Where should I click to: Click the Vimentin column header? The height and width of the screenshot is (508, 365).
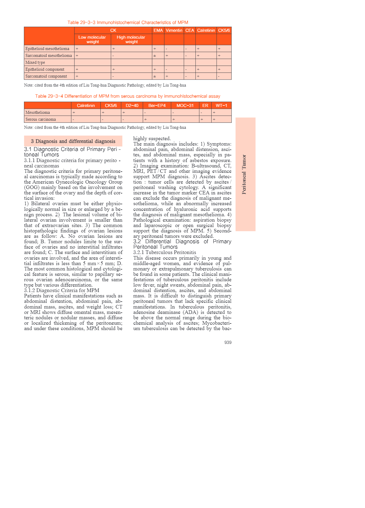tap(174, 30)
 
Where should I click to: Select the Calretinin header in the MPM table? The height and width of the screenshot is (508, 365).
tap(206, 30)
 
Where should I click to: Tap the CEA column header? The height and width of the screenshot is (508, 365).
tap(190, 30)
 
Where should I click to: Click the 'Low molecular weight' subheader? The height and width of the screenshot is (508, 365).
tap(92, 40)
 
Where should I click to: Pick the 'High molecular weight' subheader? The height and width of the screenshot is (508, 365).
tap(131, 40)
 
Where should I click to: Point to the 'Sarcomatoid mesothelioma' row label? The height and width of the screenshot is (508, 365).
tap(49, 55)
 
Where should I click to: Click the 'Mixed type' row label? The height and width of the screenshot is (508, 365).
tap(35, 62)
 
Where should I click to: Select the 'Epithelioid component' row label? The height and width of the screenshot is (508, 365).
tap(45, 69)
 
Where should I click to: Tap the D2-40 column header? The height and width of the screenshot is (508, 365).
tap(132, 105)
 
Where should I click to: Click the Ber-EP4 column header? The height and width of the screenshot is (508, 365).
tap(157, 105)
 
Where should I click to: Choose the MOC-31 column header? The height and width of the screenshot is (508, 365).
tap(185, 105)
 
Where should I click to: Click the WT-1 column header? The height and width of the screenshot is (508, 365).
tap(221, 105)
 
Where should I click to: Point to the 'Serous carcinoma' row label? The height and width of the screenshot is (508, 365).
tap(40, 119)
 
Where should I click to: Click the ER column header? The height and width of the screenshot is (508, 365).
tap(205, 105)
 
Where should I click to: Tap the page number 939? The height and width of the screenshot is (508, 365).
tap(228, 342)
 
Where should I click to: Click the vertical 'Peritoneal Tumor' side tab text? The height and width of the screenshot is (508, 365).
tap(244, 174)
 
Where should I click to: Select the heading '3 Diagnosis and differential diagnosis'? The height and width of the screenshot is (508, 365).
tap(73, 141)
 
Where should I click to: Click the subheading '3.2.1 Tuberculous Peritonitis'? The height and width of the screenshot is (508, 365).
tap(165, 252)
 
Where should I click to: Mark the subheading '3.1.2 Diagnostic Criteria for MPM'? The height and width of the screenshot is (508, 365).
tap(61, 290)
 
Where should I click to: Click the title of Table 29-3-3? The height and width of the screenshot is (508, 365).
tap(128, 22)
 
